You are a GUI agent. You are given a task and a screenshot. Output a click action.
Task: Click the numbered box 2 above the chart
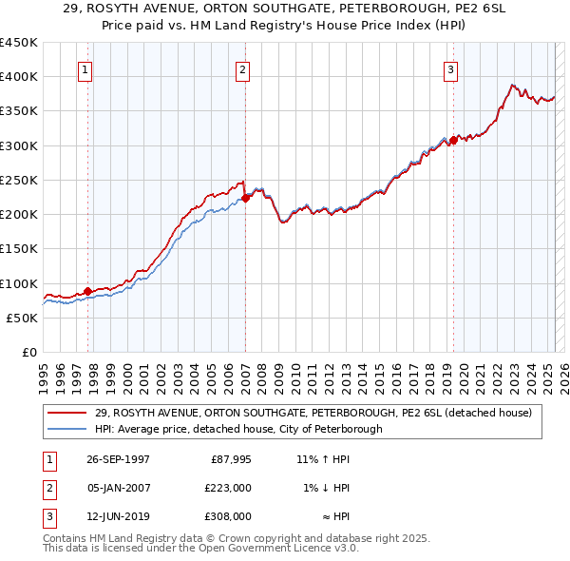tap(243, 69)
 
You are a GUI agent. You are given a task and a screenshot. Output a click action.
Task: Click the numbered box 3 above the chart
tap(450, 69)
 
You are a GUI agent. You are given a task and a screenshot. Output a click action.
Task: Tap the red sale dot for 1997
tap(88, 292)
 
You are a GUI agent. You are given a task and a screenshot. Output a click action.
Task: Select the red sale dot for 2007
tap(245, 199)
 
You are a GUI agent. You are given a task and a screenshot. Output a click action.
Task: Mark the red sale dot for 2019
tap(453, 140)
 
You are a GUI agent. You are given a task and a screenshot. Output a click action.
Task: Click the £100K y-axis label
tap(20, 283)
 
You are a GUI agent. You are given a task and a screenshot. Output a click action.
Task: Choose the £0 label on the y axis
tap(28, 352)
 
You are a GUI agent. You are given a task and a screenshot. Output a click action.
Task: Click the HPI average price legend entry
tap(238, 429)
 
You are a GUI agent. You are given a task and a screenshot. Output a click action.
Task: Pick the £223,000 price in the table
tap(229, 488)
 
